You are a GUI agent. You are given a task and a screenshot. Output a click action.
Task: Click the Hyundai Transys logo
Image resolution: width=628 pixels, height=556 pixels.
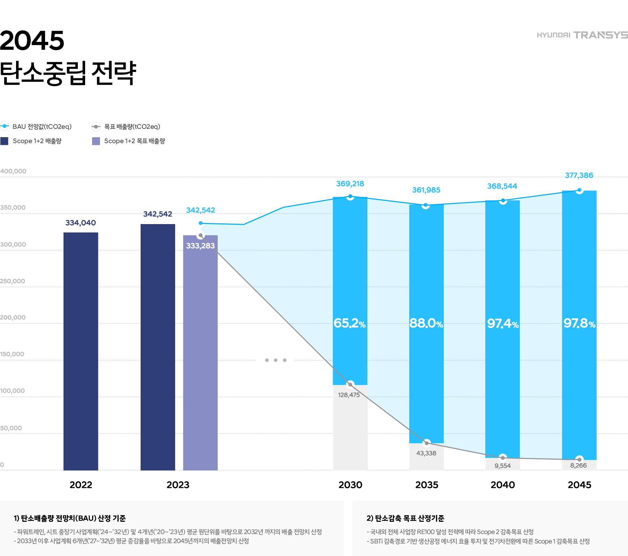(x=582, y=35)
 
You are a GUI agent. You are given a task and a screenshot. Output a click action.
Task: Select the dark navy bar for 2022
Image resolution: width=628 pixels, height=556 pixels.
(x=81, y=351)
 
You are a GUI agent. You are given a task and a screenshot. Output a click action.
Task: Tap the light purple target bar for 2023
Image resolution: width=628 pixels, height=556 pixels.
(x=200, y=353)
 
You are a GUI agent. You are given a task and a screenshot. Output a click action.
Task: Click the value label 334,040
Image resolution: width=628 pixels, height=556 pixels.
(x=81, y=223)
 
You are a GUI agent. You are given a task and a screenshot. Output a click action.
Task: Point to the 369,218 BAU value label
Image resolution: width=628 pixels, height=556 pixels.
(x=350, y=184)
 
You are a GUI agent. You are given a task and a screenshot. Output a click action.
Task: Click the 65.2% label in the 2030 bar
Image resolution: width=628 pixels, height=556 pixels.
(x=350, y=323)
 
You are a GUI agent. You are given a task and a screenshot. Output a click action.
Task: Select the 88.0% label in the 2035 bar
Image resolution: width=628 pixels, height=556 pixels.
(x=426, y=323)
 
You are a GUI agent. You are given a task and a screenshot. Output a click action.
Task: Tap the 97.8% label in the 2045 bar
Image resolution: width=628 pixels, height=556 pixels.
(x=579, y=323)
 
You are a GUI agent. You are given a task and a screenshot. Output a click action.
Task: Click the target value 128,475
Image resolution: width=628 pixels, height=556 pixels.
(x=349, y=395)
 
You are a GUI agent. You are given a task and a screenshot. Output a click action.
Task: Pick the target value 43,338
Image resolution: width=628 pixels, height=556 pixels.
(x=426, y=453)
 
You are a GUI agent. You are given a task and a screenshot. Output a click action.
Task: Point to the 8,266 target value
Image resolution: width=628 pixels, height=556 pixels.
(x=578, y=465)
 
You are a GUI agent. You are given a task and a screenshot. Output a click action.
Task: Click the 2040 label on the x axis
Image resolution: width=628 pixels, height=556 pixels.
(x=503, y=485)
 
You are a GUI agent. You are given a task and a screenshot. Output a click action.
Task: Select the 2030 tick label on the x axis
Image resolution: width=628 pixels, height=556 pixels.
(x=350, y=485)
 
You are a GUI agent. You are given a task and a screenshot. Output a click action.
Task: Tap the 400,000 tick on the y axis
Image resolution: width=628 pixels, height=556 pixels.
(x=13, y=171)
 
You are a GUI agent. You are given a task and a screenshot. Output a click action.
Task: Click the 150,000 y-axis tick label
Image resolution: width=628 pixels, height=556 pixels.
(x=12, y=354)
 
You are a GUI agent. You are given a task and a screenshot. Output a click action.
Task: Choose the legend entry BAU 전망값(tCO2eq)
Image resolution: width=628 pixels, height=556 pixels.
(x=42, y=126)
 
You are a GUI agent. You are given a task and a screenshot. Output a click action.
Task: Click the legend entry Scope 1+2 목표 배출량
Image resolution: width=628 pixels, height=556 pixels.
(x=134, y=141)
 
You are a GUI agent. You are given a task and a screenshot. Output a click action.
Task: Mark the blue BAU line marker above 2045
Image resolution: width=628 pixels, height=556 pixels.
(x=579, y=190)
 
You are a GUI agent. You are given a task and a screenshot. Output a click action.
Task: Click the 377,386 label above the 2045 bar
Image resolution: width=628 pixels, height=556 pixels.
(x=579, y=175)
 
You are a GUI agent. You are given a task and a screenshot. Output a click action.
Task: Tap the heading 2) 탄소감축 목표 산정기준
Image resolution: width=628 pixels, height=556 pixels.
(x=405, y=518)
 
